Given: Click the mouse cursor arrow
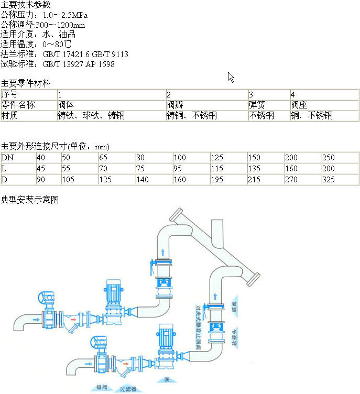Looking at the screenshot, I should (x=231, y=77).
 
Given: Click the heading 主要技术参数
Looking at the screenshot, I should (x=26, y=5).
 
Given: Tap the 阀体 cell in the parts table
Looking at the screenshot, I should (x=66, y=105).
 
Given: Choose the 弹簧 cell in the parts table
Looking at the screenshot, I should (x=257, y=105).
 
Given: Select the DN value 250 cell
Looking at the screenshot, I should (x=329, y=158).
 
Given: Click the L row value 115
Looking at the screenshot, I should (x=217, y=169).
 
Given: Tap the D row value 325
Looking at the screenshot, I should (x=329, y=180).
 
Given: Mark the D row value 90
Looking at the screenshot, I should (x=40, y=180).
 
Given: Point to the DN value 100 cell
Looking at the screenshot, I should (x=180, y=158).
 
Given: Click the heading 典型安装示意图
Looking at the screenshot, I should (x=29, y=200).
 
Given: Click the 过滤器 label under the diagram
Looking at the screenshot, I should (x=128, y=389).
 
